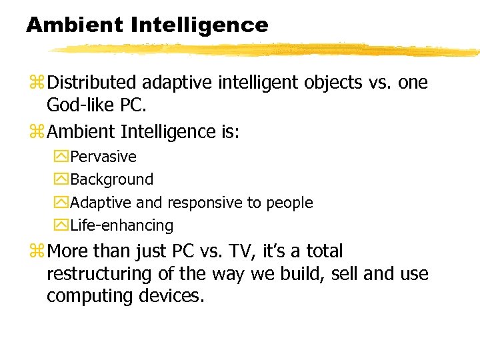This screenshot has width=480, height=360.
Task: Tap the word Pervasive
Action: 103,157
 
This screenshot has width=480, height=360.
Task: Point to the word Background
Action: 111,179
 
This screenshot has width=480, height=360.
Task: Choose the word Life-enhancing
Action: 121,225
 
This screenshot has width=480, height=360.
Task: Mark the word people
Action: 289,203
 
